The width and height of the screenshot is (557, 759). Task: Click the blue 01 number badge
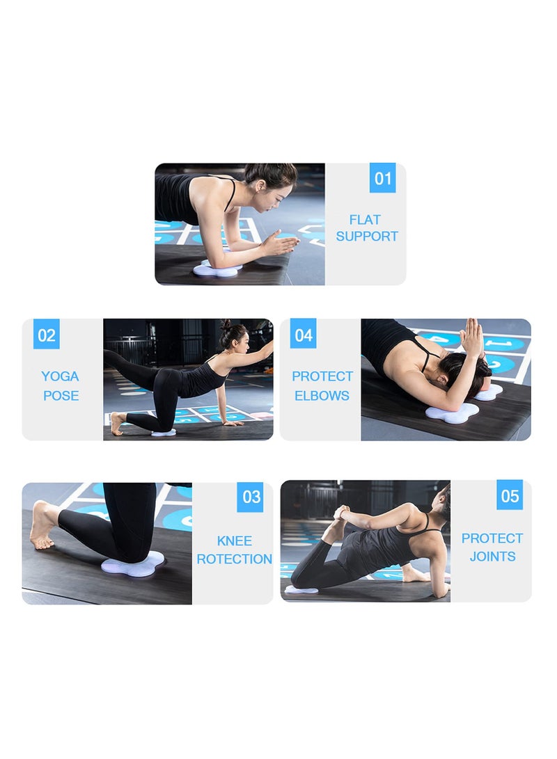[382, 178]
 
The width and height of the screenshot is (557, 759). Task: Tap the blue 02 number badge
[46, 335]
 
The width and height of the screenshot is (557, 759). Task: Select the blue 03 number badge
[250, 497]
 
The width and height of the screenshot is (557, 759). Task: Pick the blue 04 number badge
[303, 335]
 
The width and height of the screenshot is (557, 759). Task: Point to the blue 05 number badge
[510, 495]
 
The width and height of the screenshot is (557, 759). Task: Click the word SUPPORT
[367, 237]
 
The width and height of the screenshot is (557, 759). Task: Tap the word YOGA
[60, 376]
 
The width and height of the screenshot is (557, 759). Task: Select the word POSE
[61, 395]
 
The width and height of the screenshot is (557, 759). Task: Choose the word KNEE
[234, 541]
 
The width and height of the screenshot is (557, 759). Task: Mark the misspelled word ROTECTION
[234, 559]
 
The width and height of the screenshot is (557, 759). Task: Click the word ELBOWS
[322, 395]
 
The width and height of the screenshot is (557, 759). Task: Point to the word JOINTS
[492, 556]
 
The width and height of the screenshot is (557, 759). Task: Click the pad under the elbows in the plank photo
[217, 268]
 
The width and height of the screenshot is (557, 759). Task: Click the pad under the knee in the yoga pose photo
[164, 432]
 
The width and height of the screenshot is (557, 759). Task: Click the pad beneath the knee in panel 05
[301, 590]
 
